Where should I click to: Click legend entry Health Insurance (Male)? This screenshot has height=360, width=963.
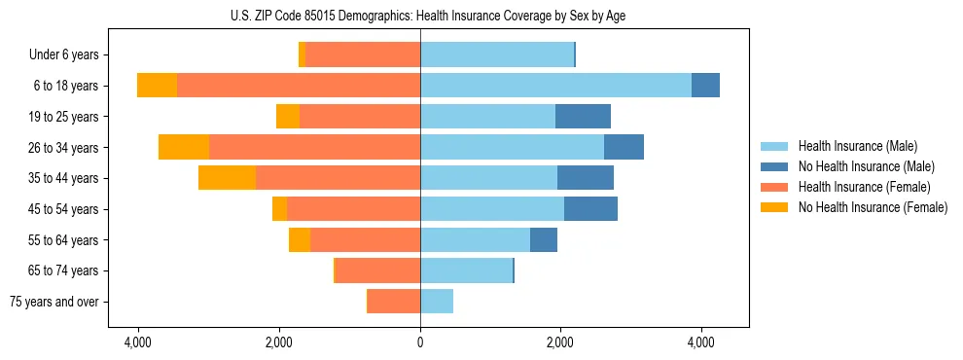(x=856, y=146)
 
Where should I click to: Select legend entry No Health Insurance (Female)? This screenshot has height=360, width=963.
(x=873, y=207)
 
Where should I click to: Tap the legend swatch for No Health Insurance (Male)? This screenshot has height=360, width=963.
(x=774, y=166)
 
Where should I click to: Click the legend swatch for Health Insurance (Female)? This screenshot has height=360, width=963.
(x=774, y=187)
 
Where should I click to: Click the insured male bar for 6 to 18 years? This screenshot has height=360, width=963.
(x=555, y=86)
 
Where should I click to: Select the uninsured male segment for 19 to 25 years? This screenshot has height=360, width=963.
(x=583, y=117)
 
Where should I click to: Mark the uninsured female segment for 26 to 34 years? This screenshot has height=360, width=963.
(x=184, y=147)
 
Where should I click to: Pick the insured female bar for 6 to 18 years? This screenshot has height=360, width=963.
(x=299, y=86)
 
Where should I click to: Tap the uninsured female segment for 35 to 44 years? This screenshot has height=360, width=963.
(x=227, y=178)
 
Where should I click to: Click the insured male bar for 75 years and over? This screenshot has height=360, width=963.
(x=437, y=302)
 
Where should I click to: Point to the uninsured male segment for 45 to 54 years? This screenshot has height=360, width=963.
(x=590, y=209)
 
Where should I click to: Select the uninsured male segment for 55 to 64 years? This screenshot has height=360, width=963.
(x=544, y=239)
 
